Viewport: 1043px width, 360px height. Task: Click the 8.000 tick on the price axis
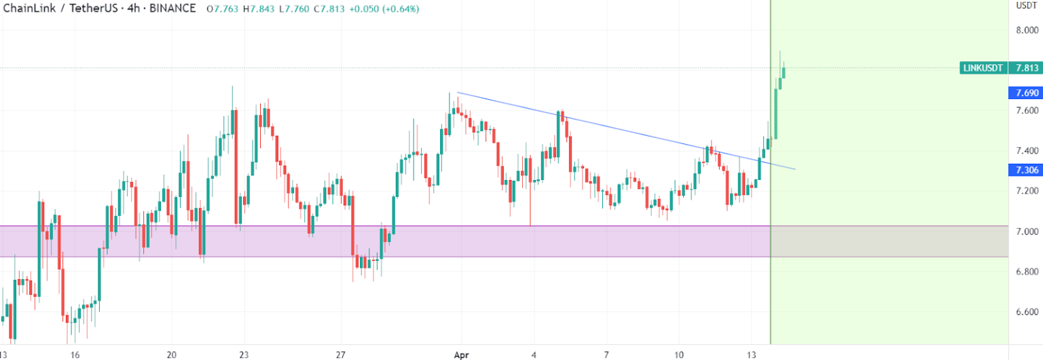pos(1027,30)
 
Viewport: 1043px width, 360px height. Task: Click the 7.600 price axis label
pos(1027,110)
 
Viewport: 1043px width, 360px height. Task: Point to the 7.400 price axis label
pos(1027,151)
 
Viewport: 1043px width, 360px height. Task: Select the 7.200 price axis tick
pos(1027,191)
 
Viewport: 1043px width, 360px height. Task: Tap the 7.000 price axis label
pos(1027,232)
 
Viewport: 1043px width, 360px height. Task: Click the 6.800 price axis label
pos(1027,272)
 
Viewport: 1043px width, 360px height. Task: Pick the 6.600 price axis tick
pos(1027,312)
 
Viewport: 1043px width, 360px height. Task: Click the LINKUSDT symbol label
pos(983,68)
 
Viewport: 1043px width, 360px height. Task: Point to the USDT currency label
pos(1025,6)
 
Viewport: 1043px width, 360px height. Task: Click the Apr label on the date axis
pos(461,355)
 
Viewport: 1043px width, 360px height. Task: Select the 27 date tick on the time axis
pos(342,355)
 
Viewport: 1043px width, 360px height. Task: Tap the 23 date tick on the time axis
pos(244,355)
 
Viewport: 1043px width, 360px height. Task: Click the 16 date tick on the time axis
pos(75,355)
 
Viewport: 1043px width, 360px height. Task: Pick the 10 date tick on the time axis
pos(679,355)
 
